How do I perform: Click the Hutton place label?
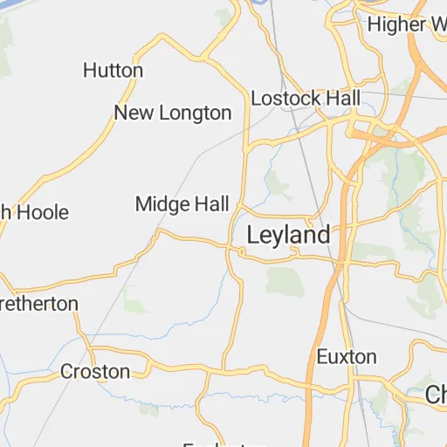coord(113,70)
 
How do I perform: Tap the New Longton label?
coord(173,113)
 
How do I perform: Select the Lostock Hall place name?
coord(305,98)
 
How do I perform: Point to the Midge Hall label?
coord(182,204)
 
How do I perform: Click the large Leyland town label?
coord(288,235)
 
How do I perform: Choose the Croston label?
coord(95,372)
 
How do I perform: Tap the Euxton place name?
coord(347,356)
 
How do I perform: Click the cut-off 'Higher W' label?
coord(406,24)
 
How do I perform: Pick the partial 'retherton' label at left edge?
coord(39,304)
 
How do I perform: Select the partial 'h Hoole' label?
coord(35,211)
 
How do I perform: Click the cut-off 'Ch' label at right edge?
coord(436,395)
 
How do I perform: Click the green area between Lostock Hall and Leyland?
coord(279,182)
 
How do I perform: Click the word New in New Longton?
coord(133,113)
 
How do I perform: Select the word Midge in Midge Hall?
coord(162,204)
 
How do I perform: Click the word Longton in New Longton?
coord(193,113)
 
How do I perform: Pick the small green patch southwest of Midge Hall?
coord(135,304)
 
